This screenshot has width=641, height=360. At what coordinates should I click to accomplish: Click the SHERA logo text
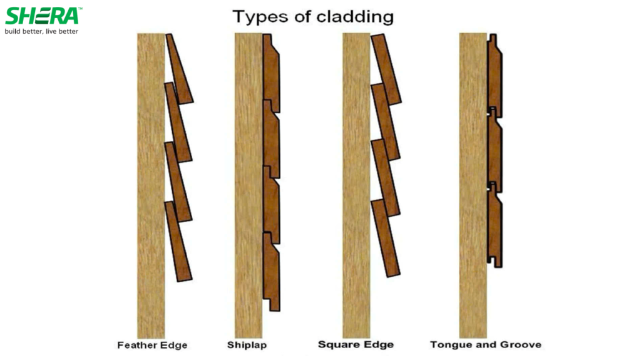(x=42, y=16)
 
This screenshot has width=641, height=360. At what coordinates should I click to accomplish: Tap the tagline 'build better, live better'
(x=42, y=31)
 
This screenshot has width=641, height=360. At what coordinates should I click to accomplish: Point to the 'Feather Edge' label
(x=152, y=345)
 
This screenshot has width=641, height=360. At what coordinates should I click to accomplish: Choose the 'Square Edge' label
(x=356, y=344)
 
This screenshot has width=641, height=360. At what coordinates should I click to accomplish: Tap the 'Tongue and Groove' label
(x=486, y=344)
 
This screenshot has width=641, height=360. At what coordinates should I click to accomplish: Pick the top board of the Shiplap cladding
(x=271, y=72)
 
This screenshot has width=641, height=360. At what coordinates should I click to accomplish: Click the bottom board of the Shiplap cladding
(x=271, y=272)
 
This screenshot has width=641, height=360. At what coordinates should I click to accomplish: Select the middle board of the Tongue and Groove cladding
(x=495, y=150)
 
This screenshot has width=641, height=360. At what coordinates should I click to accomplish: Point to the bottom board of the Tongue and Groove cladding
(x=495, y=225)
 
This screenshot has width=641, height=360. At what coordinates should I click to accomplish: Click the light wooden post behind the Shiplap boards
(x=248, y=188)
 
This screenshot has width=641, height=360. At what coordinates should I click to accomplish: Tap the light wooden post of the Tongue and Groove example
(x=473, y=188)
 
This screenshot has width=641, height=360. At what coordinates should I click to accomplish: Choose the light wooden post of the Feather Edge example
(x=150, y=188)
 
